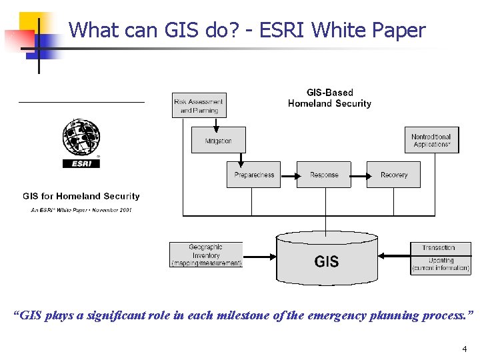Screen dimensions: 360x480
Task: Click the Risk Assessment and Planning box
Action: pos(199,106)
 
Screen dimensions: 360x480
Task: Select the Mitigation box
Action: pos(218,141)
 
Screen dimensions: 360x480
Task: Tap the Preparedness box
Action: pos(253,175)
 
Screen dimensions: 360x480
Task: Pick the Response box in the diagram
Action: pos(324,175)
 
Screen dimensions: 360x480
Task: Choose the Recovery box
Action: pos(393,175)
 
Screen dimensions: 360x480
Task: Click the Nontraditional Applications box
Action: pos(431,140)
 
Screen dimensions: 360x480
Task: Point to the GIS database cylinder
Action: pos(326,257)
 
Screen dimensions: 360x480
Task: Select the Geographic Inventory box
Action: pos(206,255)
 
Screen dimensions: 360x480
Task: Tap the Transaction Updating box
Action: pos(440,258)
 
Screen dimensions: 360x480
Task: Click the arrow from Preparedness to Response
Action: pos(289,175)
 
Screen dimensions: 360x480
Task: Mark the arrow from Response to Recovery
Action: pos(359,175)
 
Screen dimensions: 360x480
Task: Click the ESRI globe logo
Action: pos(81,138)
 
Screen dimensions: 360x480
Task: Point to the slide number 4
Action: pos(464,349)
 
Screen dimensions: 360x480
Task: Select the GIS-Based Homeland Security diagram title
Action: pos(329,98)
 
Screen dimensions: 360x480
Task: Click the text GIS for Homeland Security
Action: pos(81,196)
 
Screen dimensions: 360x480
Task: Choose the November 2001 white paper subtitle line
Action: pos(81,210)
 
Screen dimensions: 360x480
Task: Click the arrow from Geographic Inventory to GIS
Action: pos(259,255)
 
